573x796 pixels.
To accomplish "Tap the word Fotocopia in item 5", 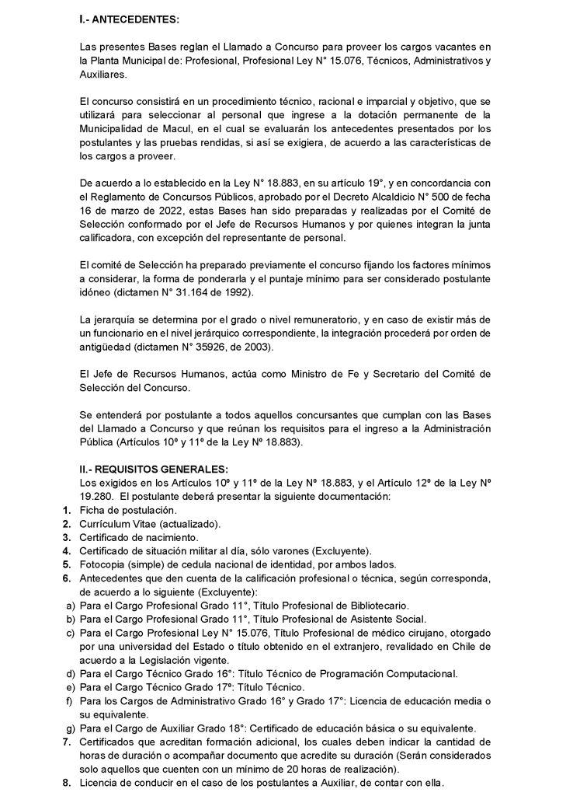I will pyautogui.click(x=103, y=564).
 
